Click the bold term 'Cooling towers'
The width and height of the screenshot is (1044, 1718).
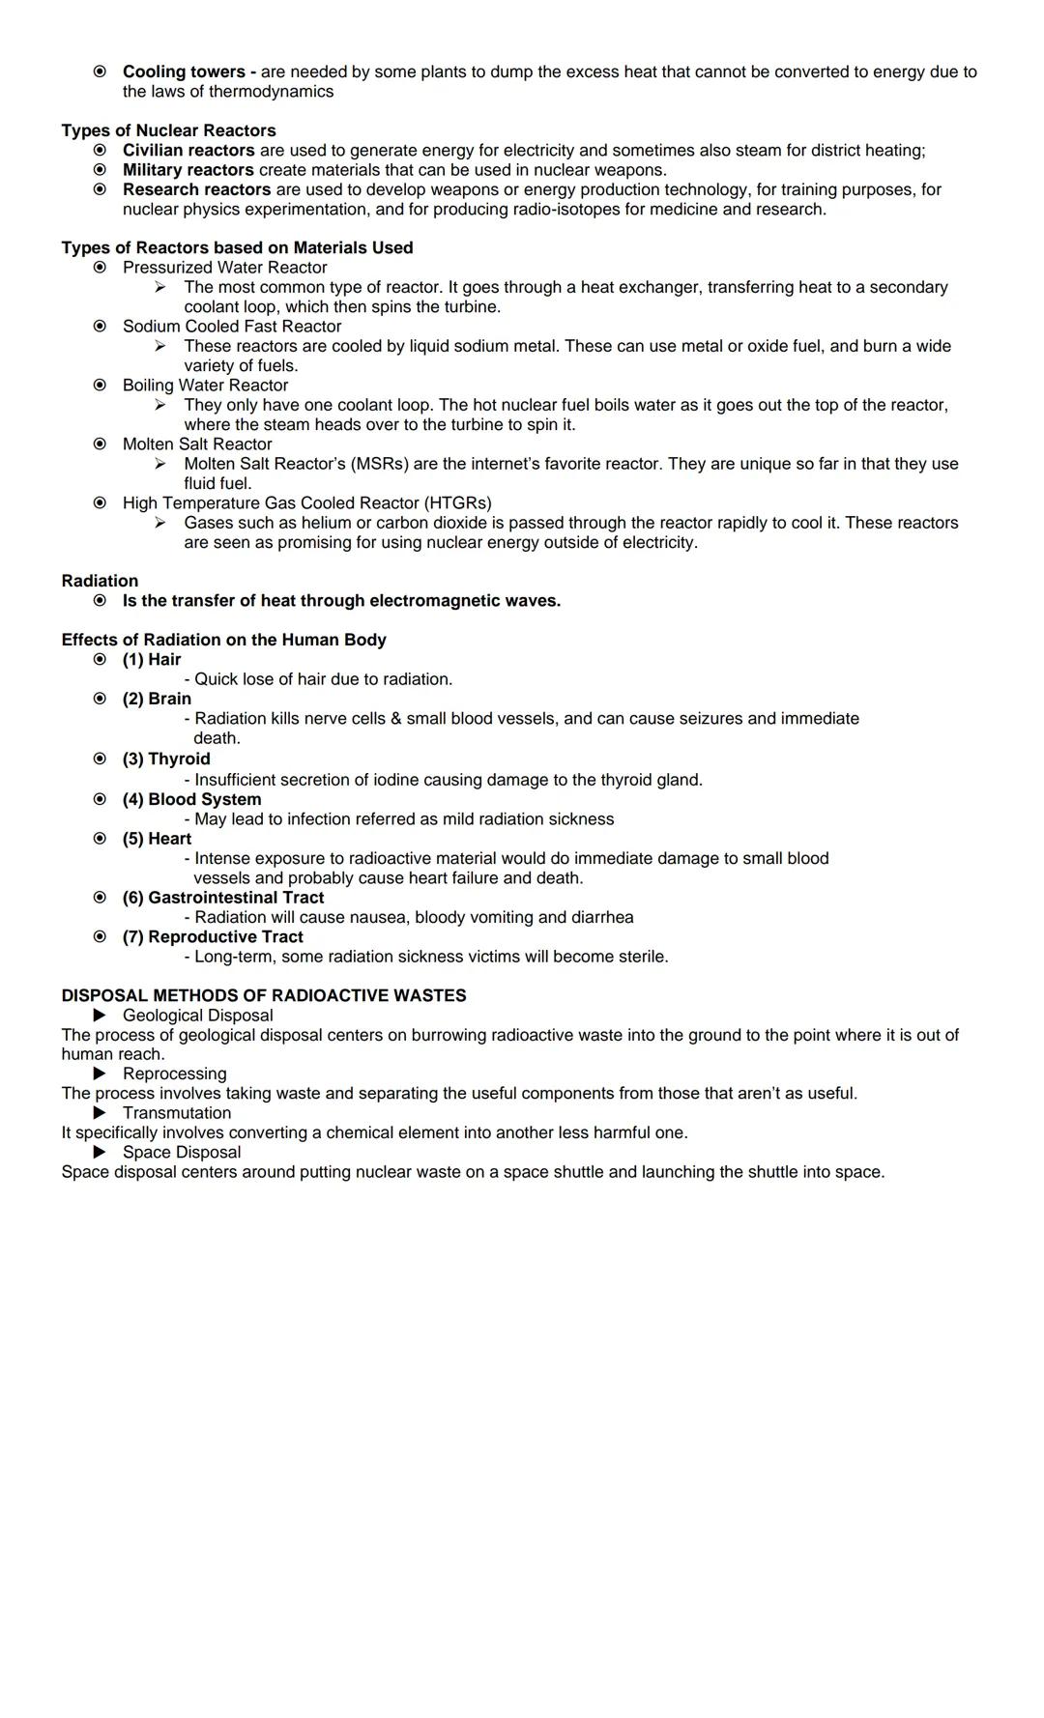point(184,72)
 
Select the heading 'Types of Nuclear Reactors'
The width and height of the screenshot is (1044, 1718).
point(168,130)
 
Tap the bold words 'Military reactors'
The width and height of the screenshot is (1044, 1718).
point(188,170)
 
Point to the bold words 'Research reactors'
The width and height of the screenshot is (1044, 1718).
point(196,189)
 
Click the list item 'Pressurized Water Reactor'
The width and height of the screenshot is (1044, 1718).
point(224,268)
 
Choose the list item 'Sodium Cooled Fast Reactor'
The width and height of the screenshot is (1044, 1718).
point(231,327)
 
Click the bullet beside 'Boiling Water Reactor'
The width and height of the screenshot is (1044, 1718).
point(100,386)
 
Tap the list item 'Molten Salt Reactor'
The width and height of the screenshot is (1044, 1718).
point(197,444)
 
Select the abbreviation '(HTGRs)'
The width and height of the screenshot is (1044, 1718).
point(457,503)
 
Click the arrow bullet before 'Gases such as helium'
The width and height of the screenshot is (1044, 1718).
point(160,523)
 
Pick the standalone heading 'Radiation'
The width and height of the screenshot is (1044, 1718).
point(100,581)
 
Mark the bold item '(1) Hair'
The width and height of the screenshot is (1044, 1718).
point(152,660)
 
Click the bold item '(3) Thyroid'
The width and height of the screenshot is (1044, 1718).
point(166,759)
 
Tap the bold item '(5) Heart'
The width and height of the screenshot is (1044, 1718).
point(157,839)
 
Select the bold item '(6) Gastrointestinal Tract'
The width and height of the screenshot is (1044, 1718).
point(223,898)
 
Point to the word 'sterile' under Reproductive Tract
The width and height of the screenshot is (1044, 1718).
point(641,957)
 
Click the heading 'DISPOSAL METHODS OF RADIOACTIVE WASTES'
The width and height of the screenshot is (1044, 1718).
point(263,995)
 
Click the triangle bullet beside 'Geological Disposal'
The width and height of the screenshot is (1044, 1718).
point(100,1016)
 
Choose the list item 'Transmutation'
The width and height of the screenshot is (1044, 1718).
point(177,1113)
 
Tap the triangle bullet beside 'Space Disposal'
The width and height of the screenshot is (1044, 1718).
point(100,1152)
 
